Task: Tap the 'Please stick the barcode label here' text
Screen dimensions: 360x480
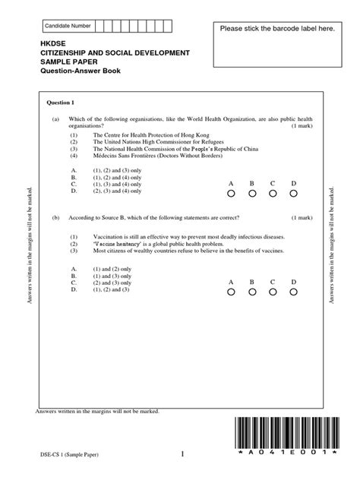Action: pyautogui.click(x=276, y=28)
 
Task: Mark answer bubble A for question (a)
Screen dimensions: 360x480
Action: pyautogui.click(x=231, y=194)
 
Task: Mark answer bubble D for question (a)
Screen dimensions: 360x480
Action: pyautogui.click(x=293, y=194)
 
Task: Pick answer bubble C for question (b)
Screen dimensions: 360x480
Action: pyautogui.click(x=273, y=292)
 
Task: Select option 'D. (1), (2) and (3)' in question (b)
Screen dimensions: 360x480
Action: pyautogui.click(x=100, y=289)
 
